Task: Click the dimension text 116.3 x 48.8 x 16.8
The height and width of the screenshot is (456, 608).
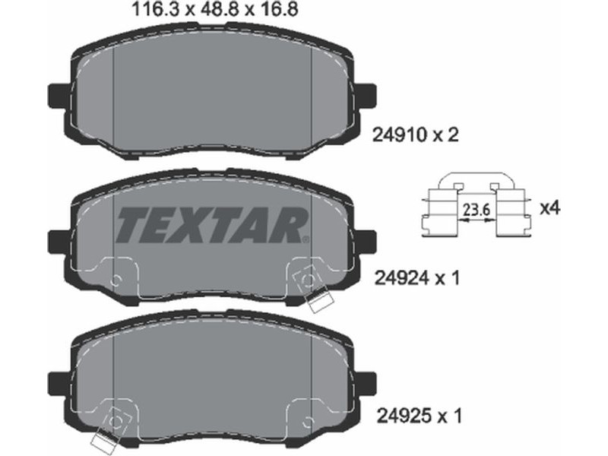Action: click(x=215, y=9)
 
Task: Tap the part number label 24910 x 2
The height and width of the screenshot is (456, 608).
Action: click(x=415, y=135)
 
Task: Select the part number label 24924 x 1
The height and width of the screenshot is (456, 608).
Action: click(x=416, y=278)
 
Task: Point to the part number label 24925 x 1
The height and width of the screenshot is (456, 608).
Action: click(x=420, y=416)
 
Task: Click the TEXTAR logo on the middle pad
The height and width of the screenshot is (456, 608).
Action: click(x=213, y=225)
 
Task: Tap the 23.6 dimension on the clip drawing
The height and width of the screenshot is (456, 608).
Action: click(x=477, y=210)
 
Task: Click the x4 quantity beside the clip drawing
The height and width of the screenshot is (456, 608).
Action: click(x=550, y=208)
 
